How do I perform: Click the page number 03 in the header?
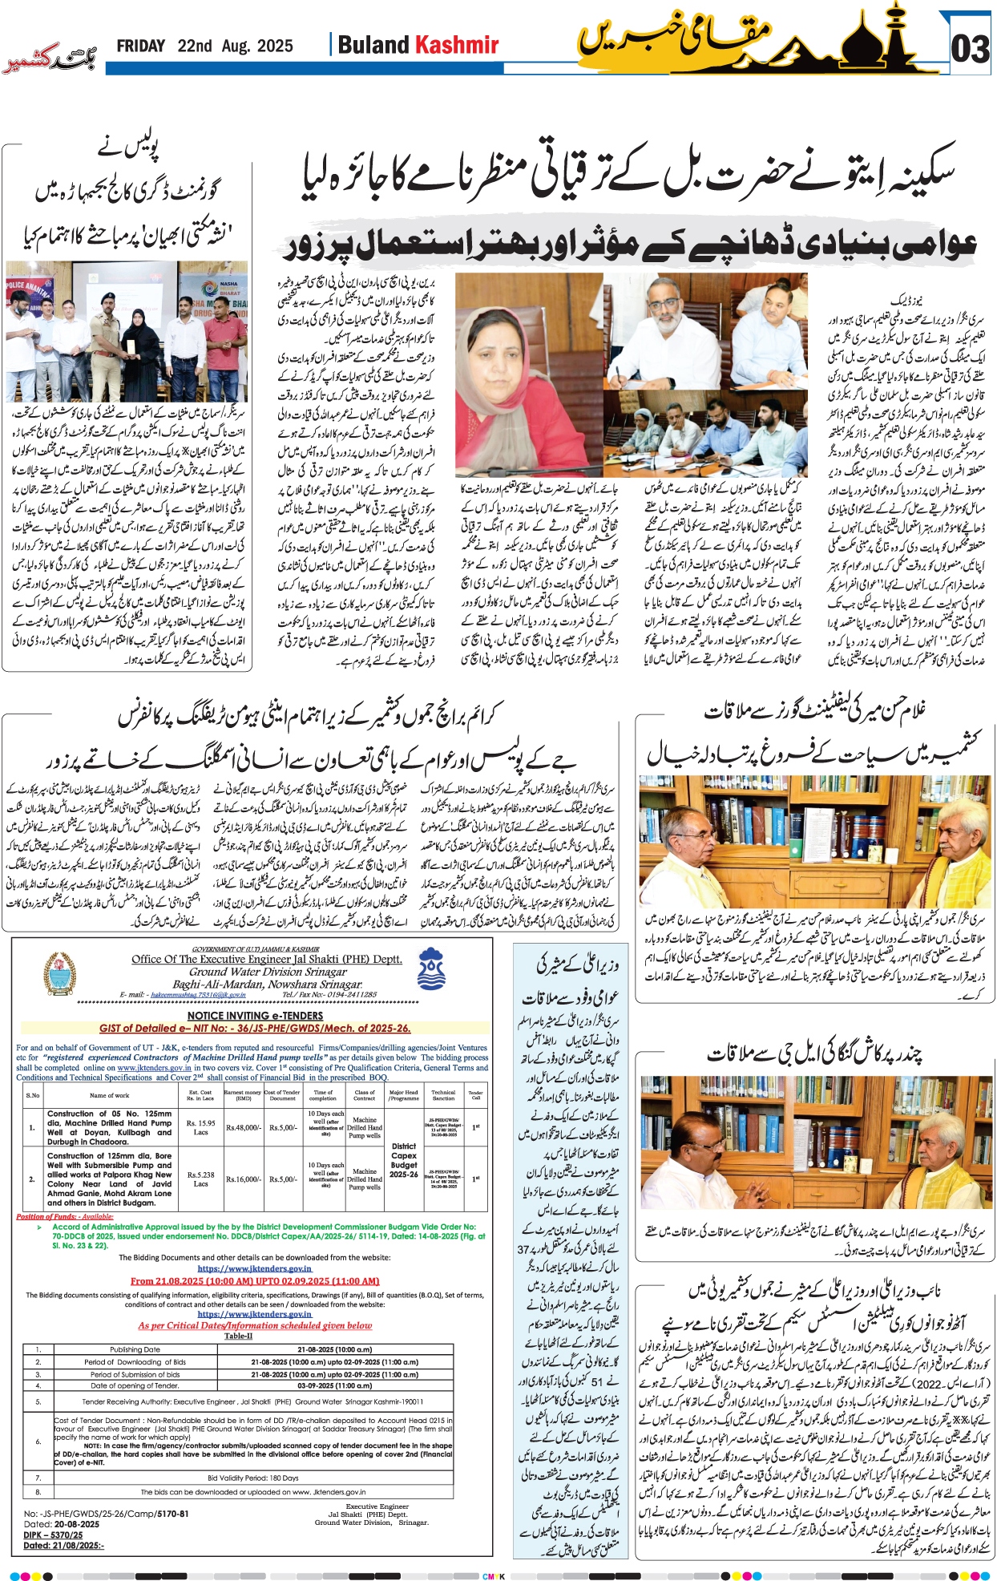tap(971, 49)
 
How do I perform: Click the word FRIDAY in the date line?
tap(140, 46)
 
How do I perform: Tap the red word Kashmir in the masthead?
tap(459, 45)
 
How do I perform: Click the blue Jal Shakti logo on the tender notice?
tap(431, 968)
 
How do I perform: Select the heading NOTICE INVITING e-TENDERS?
tap(255, 1016)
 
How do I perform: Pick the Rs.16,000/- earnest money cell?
tap(243, 1179)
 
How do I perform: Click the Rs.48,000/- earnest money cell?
tap(243, 1127)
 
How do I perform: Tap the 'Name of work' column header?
tap(109, 1095)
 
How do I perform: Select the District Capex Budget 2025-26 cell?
tap(404, 1160)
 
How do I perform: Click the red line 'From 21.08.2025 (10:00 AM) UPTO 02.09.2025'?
tap(255, 1281)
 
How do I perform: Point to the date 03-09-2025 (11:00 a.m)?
tap(334, 1385)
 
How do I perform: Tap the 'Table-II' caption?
tap(238, 1336)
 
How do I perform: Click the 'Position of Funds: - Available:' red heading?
tap(65, 1216)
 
